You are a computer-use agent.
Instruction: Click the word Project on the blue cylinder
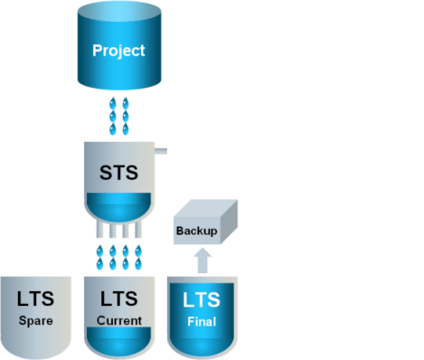(x=118, y=51)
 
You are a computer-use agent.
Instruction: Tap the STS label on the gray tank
(x=118, y=173)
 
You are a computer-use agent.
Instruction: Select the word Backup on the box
(x=197, y=231)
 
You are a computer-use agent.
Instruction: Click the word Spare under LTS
(x=36, y=321)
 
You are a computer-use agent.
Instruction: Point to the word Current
(x=119, y=320)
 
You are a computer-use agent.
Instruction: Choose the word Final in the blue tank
(x=202, y=322)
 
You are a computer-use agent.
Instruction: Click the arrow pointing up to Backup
(x=203, y=261)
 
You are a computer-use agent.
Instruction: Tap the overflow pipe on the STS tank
(x=161, y=151)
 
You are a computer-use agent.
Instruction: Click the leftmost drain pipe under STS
(x=99, y=230)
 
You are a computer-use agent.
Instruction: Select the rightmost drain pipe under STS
(x=138, y=230)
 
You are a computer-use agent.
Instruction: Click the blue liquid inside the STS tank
(x=118, y=206)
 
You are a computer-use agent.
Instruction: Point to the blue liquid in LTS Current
(x=118, y=341)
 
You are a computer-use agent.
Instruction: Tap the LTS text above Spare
(x=35, y=298)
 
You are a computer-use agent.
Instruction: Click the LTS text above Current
(x=118, y=298)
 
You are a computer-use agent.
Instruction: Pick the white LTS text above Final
(x=202, y=300)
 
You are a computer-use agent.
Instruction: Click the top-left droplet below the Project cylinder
(x=113, y=103)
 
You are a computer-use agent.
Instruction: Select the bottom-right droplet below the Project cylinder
(x=126, y=129)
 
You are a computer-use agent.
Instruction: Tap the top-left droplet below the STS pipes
(x=99, y=251)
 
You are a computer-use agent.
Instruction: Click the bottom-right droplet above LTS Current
(x=138, y=264)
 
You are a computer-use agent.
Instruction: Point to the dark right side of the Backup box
(x=230, y=222)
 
